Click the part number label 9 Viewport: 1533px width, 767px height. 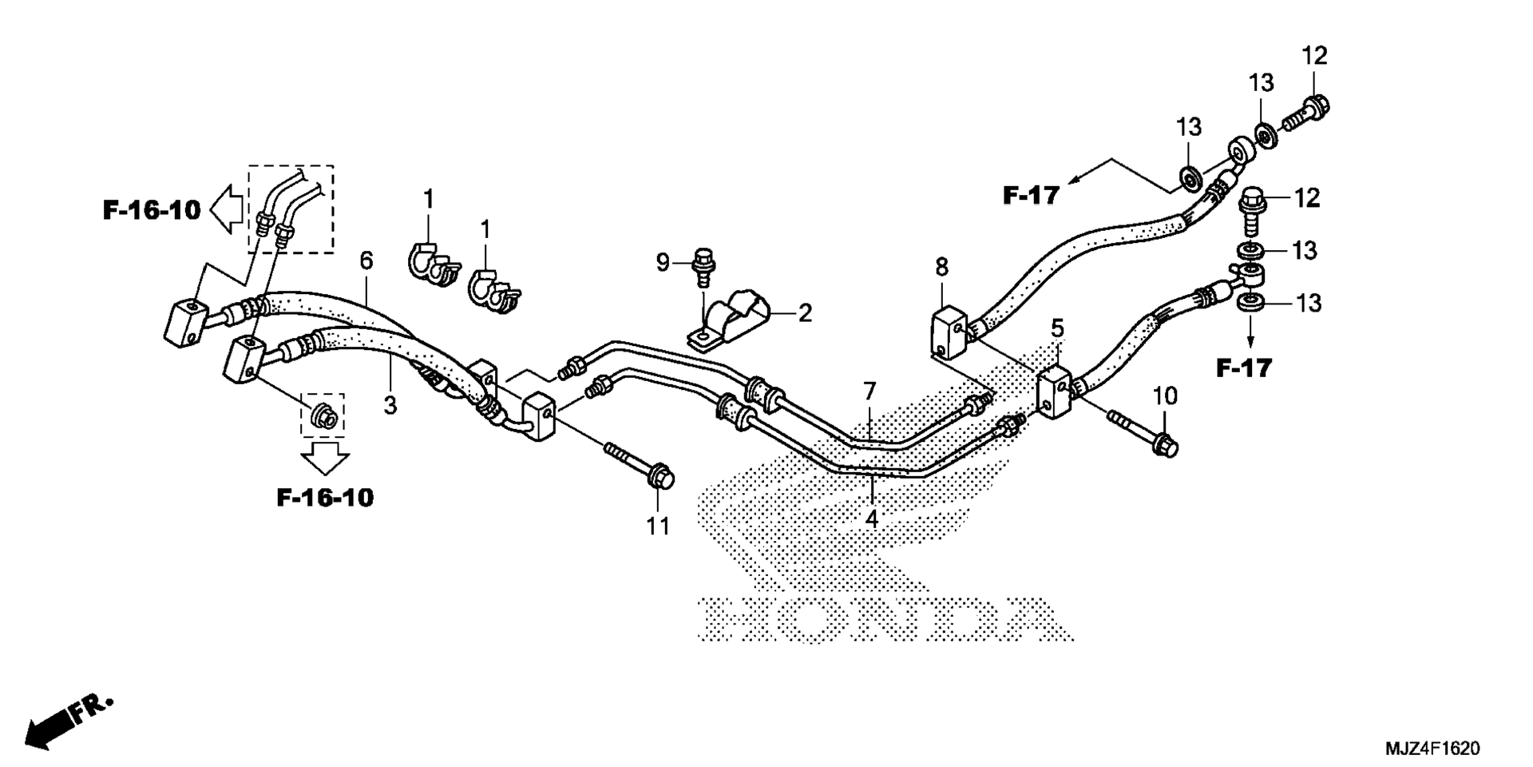663,262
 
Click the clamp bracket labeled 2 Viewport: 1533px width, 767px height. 730,323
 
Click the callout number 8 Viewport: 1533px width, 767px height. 942,268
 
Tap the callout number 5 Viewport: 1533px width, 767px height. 1057,328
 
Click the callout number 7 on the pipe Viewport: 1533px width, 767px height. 869,391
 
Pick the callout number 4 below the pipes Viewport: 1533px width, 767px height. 872,519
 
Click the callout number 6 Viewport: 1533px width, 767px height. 366,260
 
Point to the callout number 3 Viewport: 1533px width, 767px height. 390,406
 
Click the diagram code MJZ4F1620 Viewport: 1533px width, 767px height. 1432,749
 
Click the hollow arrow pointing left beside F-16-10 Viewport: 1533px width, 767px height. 228,210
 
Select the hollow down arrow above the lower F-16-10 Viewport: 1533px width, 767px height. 325,459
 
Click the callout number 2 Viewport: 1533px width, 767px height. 805,313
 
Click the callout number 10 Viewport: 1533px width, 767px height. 1165,395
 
